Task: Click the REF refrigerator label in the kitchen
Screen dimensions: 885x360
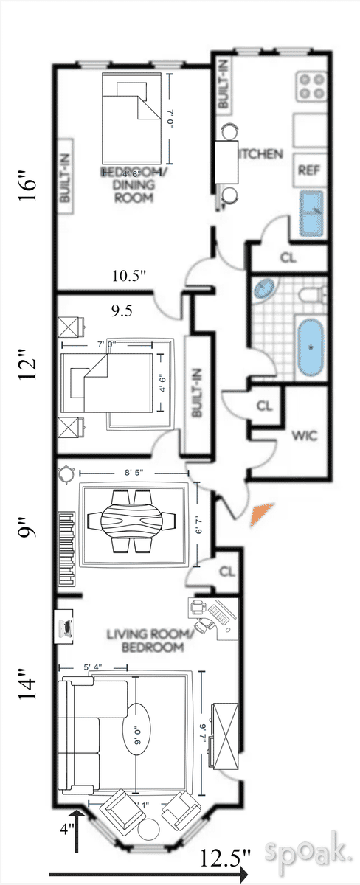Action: point(308,170)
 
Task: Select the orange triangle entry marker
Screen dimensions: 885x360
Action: point(261,514)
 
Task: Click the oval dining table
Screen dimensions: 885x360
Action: point(132,518)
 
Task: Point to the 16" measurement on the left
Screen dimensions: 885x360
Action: point(28,191)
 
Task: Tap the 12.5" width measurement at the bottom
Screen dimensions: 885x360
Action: point(226,857)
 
